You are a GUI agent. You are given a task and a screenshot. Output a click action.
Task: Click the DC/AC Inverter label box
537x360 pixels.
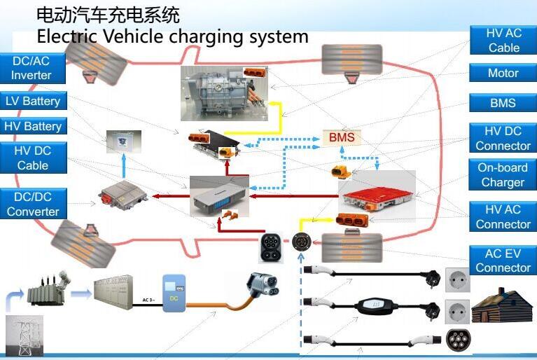32,68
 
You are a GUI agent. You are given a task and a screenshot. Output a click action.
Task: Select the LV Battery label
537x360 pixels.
33,102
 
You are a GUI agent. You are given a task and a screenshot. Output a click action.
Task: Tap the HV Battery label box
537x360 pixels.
33,127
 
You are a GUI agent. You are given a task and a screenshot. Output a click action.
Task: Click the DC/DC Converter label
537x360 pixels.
33,204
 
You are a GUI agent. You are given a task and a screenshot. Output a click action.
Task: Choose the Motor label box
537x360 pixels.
503,73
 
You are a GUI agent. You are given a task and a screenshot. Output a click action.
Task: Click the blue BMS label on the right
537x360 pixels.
503,103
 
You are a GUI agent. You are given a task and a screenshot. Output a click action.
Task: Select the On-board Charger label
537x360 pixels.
503,175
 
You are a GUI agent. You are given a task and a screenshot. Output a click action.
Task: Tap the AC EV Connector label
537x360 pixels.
503,261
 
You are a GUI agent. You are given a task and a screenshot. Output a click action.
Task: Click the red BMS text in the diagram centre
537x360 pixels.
342,137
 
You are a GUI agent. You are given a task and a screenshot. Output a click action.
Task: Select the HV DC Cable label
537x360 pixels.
33,158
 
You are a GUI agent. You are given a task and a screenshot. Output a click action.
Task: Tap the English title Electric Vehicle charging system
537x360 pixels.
172,36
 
